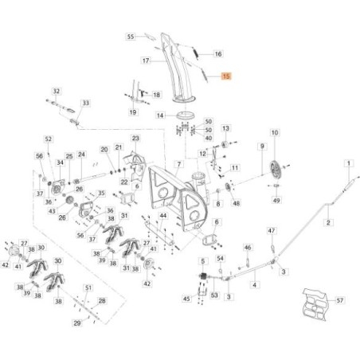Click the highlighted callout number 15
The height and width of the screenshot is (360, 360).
click(226, 77)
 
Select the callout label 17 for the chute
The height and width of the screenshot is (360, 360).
click(146, 61)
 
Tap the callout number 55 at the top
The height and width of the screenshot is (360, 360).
click(132, 36)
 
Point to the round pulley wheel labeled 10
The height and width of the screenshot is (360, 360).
click(276, 169)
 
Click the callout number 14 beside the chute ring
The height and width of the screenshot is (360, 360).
click(159, 115)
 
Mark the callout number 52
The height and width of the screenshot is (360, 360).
click(48, 139)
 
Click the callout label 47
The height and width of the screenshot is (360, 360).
click(271, 230)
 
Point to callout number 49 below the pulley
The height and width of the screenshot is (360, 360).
click(276, 201)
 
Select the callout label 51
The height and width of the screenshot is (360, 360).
click(88, 288)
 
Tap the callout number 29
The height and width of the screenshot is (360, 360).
click(76, 323)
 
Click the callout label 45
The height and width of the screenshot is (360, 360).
click(186, 299)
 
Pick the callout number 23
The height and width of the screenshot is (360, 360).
click(135, 139)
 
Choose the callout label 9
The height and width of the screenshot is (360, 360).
click(261, 147)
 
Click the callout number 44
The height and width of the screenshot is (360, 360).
click(163, 216)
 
